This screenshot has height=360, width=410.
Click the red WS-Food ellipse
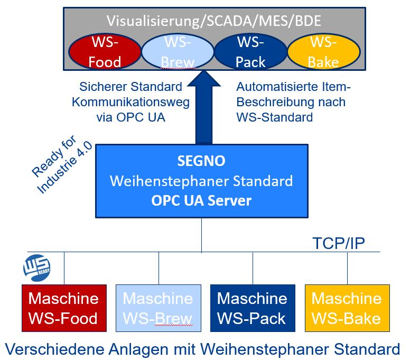pyautogui.click(x=105, y=52)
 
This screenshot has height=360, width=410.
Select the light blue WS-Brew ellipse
pyautogui.click(x=178, y=52)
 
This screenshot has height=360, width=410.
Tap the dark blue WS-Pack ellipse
pyautogui.click(x=250, y=52)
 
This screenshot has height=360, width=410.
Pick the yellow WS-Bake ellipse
pyautogui.click(x=323, y=52)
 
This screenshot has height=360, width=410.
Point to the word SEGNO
pyautogui.click(x=201, y=161)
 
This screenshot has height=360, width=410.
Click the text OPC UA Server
pyautogui.click(x=201, y=201)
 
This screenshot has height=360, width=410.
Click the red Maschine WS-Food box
pyautogui.click(x=63, y=308)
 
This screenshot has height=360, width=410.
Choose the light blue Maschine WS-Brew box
pyautogui.click(x=158, y=308)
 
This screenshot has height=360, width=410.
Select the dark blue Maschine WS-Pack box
pyautogui.click(x=252, y=308)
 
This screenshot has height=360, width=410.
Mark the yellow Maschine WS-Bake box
pyautogui.click(x=347, y=308)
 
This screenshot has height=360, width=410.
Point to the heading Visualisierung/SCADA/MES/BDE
pyautogui.click(x=213, y=21)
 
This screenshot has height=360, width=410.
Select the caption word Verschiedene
pyautogui.click(x=51, y=349)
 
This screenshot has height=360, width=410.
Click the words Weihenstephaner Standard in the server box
pyautogui.click(x=201, y=181)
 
